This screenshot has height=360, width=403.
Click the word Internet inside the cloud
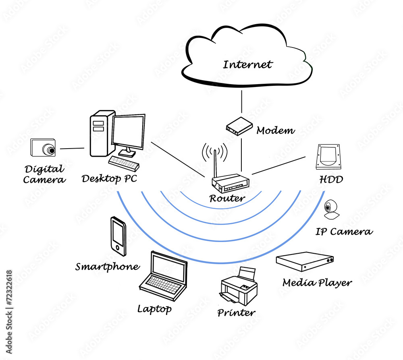click(248, 64)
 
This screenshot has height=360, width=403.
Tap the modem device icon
click(239, 126)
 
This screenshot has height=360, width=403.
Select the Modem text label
click(276, 130)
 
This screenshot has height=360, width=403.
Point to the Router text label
click(227, 198)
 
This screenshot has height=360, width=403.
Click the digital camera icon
click(43, 148)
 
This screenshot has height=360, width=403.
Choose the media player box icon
click(305, 262)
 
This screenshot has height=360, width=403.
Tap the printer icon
click(239, 287)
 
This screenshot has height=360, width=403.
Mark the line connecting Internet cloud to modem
click(242, 102)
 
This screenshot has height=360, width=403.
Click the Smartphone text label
click(108, 267)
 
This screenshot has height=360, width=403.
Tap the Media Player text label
click(317, 283)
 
